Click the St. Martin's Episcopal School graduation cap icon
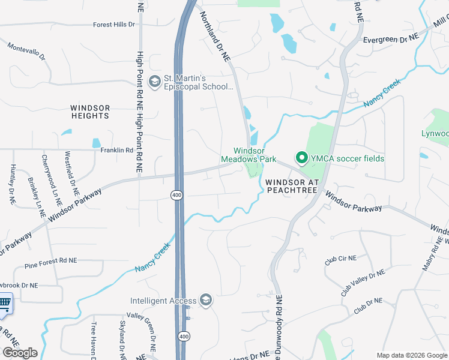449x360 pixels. [155, 81]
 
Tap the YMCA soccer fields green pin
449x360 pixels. [301, 158]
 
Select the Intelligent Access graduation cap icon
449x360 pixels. [206, 301]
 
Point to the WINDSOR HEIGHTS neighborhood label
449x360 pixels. [91, 112]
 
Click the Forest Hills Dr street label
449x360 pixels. [115, 25]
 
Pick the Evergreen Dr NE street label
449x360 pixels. [391, 39]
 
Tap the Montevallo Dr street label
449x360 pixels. [26, 50]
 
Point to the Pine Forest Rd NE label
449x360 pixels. [51, 263]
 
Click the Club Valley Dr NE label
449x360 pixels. [363, 283]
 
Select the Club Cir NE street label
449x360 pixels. [340, 259]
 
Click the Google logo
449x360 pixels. [20, 353]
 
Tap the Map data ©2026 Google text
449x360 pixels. [411, 355]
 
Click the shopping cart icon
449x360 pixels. [4, 304]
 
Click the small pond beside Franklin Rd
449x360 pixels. [96, 143]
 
